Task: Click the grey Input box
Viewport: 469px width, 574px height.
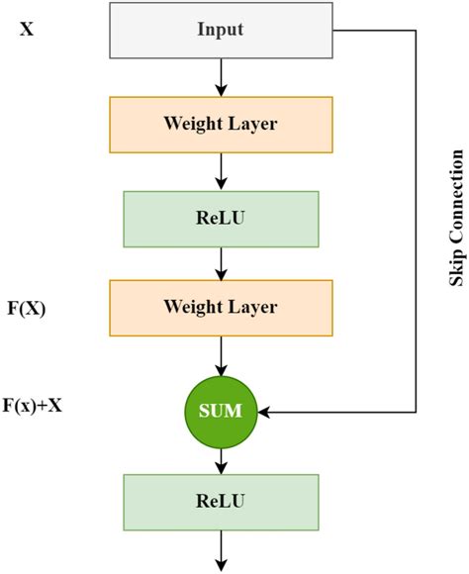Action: point(221,30)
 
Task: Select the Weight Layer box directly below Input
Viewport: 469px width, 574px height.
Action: point(221,124)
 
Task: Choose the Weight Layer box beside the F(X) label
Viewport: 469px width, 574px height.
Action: point(221,308)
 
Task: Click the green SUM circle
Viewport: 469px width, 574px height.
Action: point(221,409)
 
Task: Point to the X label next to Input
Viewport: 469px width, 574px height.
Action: point(27,30)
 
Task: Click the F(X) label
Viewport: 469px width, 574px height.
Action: point(27,308)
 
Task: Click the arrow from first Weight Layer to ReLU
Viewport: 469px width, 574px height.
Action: point(221,169)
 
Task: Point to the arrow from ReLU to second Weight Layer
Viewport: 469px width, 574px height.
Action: point(221,260)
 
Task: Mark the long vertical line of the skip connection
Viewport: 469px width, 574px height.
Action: point(416,218)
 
